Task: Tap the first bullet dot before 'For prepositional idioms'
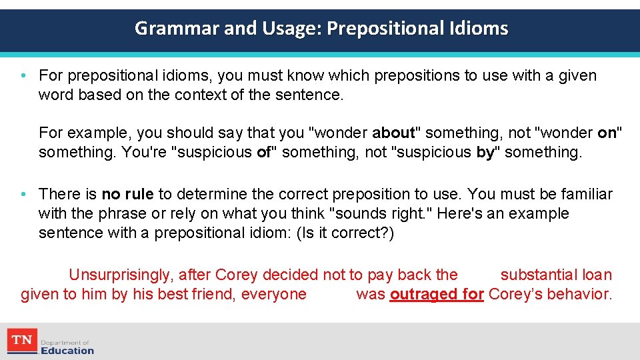pyautogui.click(x=23, y=76)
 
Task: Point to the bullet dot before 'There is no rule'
pyautogui.click(x=23, y=195)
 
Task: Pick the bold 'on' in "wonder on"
pyautogui.click(x=607, y=133)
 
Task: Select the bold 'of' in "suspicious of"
pyautogui.click(x=263, y=152)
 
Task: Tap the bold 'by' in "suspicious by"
pyautogui.click(x=485, y=152)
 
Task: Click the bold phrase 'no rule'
pyautogui.click(x=127, y=195)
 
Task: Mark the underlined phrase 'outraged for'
pyautogui.click(x=437, y=294)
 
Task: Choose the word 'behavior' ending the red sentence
pyautogui.click(x=580, y=294)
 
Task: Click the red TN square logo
pyautogui.click(x=21, y=340)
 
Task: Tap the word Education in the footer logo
pyautogui.click(x=67, y=350)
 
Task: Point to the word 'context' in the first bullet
pyautogui.click(x=199, y=95)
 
